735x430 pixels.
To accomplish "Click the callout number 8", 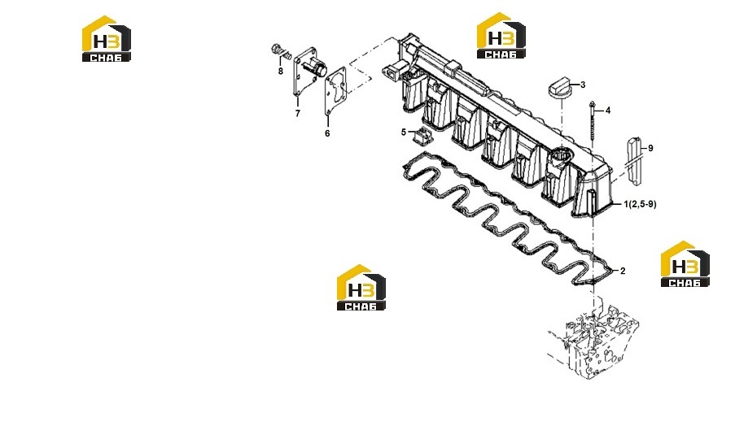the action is (x=280, y=72).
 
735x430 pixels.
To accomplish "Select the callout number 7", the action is (x=297, y=113).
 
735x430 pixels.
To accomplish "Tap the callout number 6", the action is (x=327, y=133).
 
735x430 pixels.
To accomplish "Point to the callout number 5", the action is (x=403, y=132).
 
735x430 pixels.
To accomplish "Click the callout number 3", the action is (x=583, y=85).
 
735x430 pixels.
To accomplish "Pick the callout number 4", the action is (x=608, y=111).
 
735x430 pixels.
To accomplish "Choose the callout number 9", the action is (x=650, y=148).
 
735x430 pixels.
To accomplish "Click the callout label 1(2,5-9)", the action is (x=640, y=204).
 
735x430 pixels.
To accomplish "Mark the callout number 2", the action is (x=623, y=271).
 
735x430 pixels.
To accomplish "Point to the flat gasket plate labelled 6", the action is (x=335, y=90).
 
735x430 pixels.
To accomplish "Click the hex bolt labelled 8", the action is (x=277, y=49).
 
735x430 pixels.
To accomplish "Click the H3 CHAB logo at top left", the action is (x=107, y=39).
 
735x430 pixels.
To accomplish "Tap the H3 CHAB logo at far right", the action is (x=685, y=264).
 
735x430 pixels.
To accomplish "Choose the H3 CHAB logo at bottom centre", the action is (x=361, y=287).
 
